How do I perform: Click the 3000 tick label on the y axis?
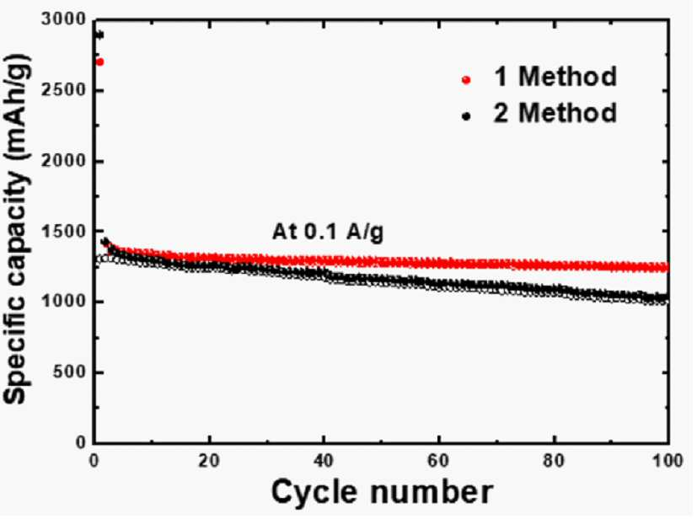click(x=63, y=19)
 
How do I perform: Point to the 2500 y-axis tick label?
click(x=63, y=90)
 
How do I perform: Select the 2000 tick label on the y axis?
click(x=63, y=161)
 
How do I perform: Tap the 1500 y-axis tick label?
click(x=63, y=232)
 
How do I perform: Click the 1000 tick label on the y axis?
click(x=63, y=302)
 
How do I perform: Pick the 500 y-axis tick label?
click(x=69, y=372)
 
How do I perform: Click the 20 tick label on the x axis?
click(x=209, y=461)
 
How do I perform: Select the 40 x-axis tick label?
click(x=324, y=461)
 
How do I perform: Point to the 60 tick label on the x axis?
click(x=439, y=461)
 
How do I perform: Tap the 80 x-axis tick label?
click(x=554, y=461)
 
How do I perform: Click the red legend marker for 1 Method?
click(x=466, y=80)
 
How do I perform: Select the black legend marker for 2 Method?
click(x=466, y=116)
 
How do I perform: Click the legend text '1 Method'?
click(x=555, y=77)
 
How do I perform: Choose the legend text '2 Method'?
click(x=555, y=112)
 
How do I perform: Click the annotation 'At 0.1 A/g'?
click(x=328, y=232)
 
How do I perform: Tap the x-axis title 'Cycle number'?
click(x=383, y=492)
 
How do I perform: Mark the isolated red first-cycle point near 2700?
click(x=99, y=62)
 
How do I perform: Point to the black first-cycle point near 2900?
click(x=99, y=35)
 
